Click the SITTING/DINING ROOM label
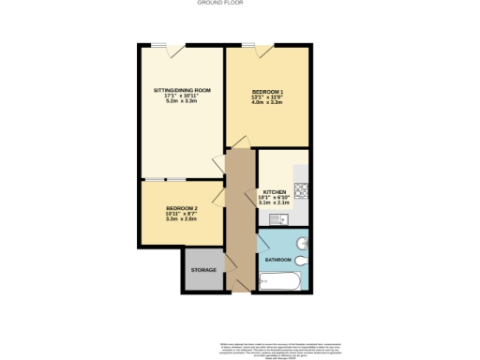pyautogui.click(x=182, y=90)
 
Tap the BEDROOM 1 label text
pyautogui.click(x=268, y=90)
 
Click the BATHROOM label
pyautogui.click(x=277, y=259)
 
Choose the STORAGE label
pyautogui.click(x=203, y=270)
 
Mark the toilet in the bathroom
pyautogui.click(x=302, y=262)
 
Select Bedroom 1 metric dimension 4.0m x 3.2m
pyautogui.click(x=268, y=101)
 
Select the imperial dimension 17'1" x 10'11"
pyautogui.click(x=182, y=96)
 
